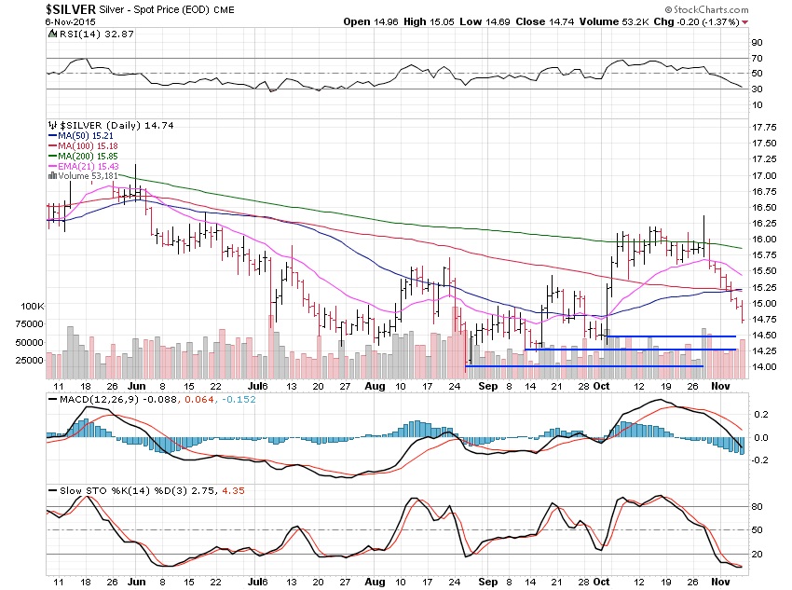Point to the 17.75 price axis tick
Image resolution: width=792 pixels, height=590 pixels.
[x=765, y=128]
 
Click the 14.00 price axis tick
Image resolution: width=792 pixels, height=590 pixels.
[x=765, y=367]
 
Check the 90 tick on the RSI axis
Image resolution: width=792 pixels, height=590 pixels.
[x=757, y=42]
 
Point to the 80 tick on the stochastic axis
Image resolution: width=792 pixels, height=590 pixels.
[x=757, y=507]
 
